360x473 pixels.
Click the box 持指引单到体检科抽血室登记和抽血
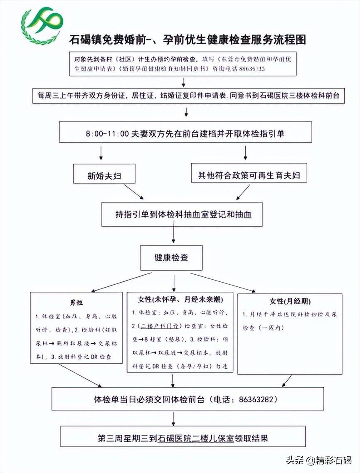pyautogui.click(x=182, y=214)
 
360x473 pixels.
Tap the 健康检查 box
pyautogui.click(x=171, y=257)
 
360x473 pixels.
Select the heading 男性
pyautogui.click(x=76, y=303)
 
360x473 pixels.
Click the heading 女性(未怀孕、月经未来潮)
pyautogui.click(x=180, y=300)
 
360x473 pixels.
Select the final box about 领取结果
pyautogui.click(x=182, y=438)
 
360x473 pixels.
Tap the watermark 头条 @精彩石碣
pyautogui.click(x=318, y=460)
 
